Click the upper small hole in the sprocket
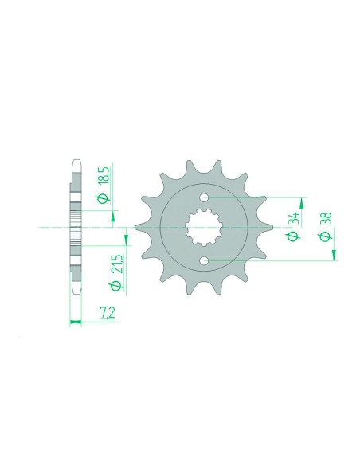coord(205,197)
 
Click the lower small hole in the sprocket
coord(205,260)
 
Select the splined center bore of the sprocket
coord(205,229)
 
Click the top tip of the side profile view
coord(76,164)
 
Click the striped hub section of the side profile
coord(76,229)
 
